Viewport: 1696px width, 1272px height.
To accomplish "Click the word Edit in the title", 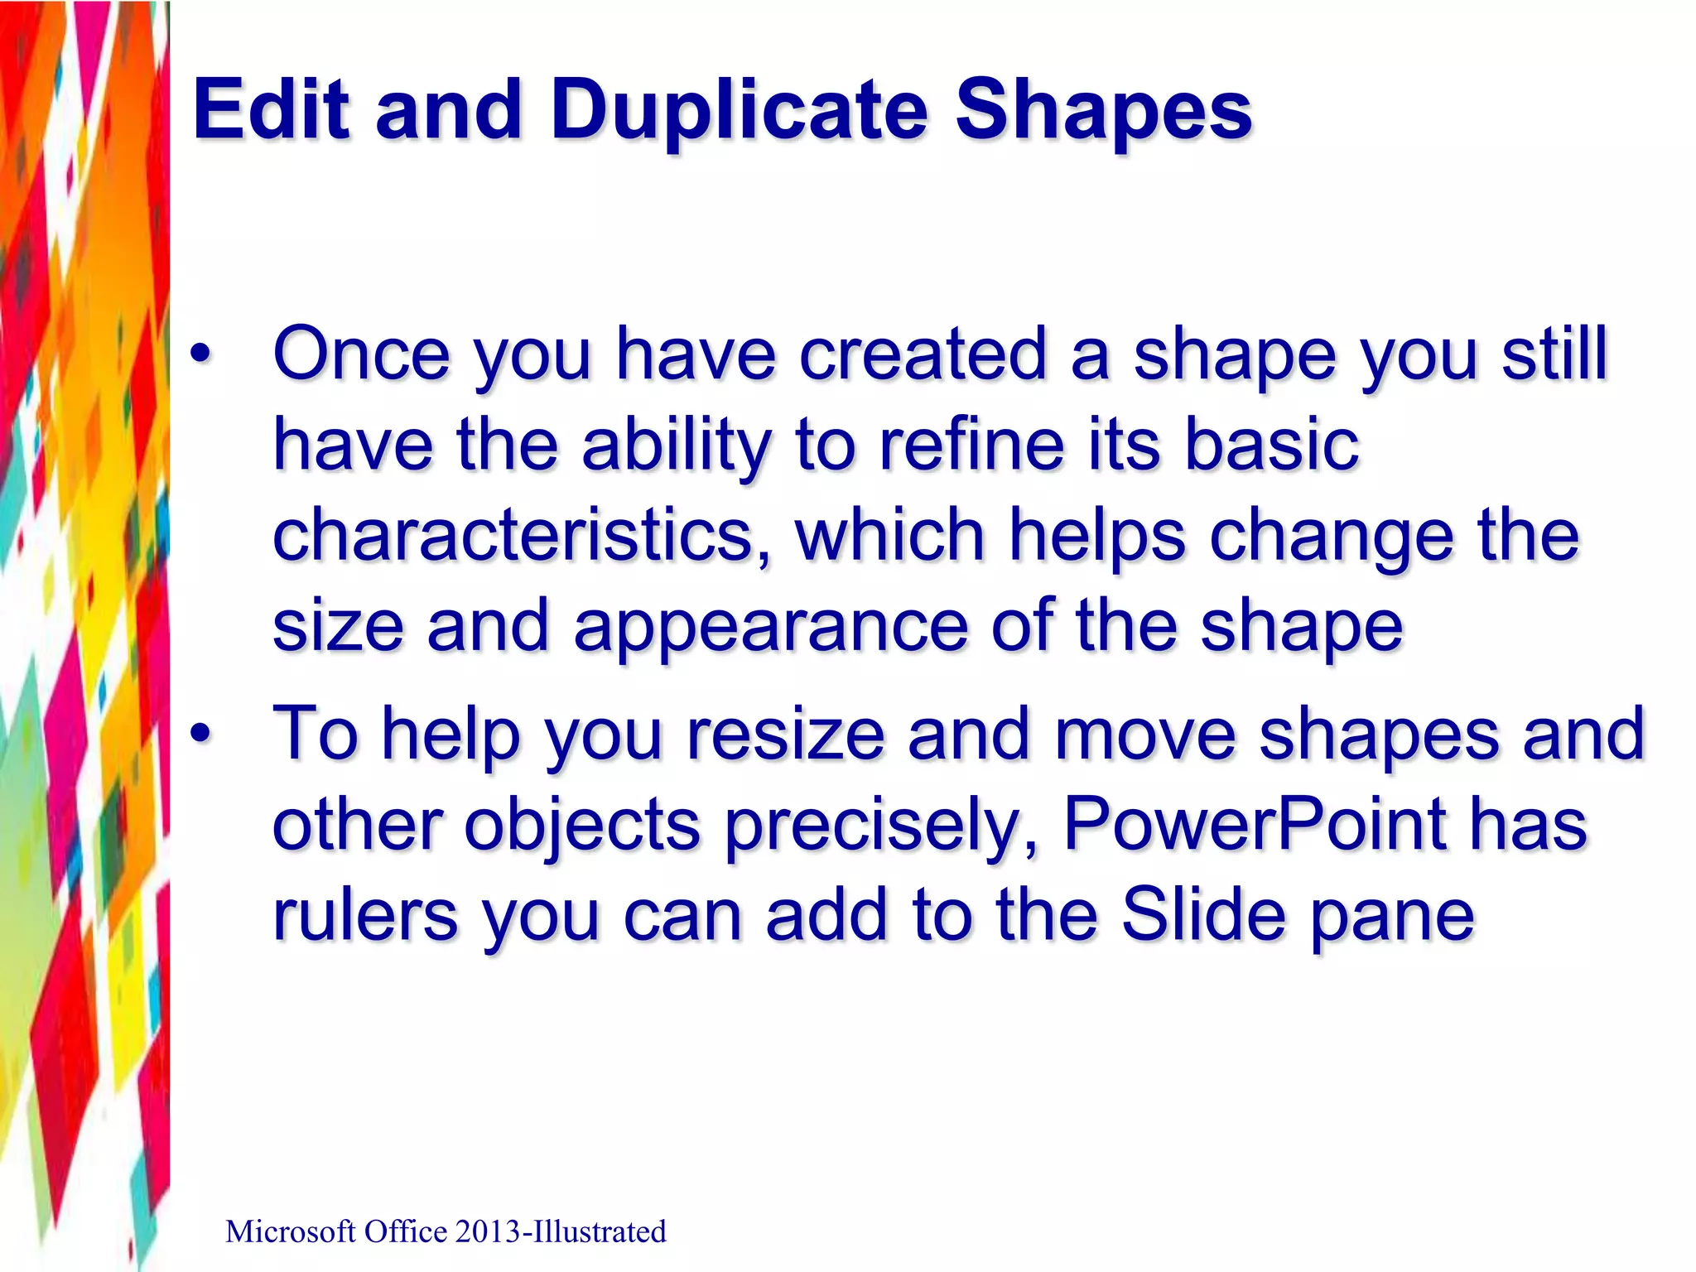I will (x=272, y=109).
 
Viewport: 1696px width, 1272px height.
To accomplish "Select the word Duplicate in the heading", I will (x=740, y=109).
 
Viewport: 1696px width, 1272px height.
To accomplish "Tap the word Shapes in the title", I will (x=1103, y=109).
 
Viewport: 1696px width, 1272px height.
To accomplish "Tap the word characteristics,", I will (x=522, y=536).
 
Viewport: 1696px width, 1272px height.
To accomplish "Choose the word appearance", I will (x=770, y=627).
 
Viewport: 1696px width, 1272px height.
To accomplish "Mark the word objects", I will (x=581, y=825).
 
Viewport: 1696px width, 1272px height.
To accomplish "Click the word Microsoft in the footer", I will (x=290, y=1232).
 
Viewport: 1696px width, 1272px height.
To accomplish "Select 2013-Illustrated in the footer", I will (x=560, y=1232).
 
